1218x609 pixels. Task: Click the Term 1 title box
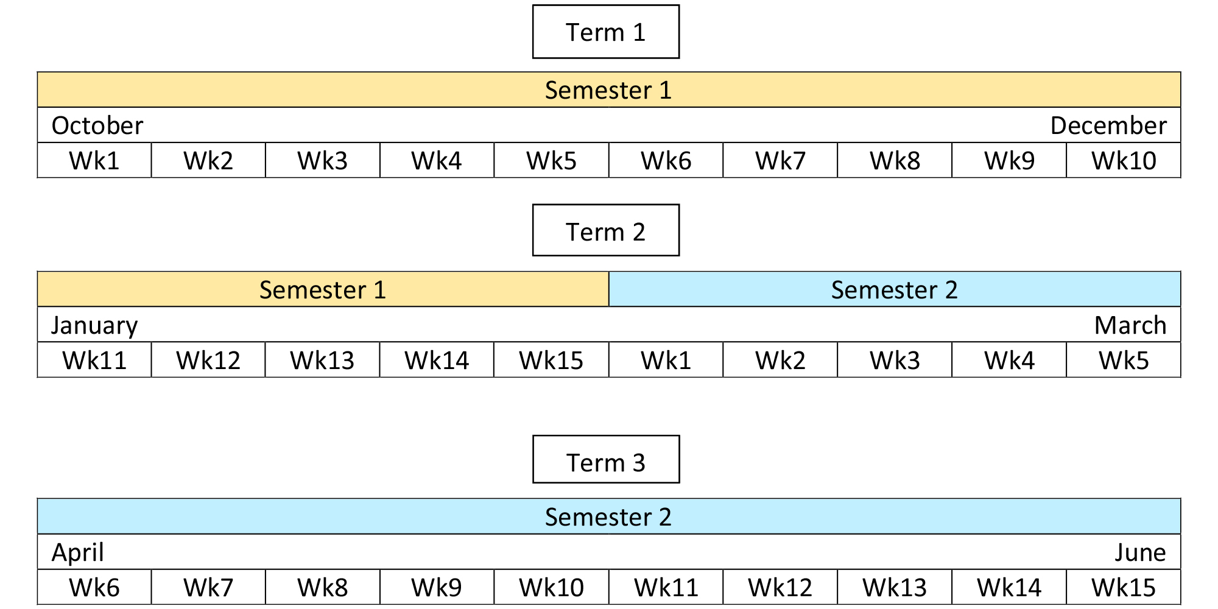click(605, 32)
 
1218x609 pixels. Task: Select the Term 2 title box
click(605, 231)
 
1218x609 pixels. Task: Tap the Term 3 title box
click(605, 460)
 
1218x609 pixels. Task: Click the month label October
click(97, 125)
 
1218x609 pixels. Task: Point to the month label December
click(1108, 125)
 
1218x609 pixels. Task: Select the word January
click(94, 325)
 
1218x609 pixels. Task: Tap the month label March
click(1130, 325)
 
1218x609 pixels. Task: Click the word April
click(78, 552)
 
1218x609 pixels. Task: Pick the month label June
click(1140, 552)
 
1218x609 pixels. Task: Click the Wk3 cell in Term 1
click(323, 161)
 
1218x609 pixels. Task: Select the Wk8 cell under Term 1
click(895, 161)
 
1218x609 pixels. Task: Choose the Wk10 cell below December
click(1124, 161)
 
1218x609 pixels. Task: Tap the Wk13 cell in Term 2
click(323, 360)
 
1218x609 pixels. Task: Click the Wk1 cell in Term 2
click(666, 360)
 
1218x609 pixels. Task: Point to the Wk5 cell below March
click(1124, 360)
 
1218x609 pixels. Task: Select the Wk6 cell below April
click(94, 588)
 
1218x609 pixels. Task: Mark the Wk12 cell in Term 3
click(780, 588)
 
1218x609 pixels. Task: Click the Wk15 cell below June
click(1124, 588)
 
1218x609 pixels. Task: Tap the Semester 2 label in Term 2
click(894, 290)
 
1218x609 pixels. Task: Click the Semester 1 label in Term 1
click(608, 90)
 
